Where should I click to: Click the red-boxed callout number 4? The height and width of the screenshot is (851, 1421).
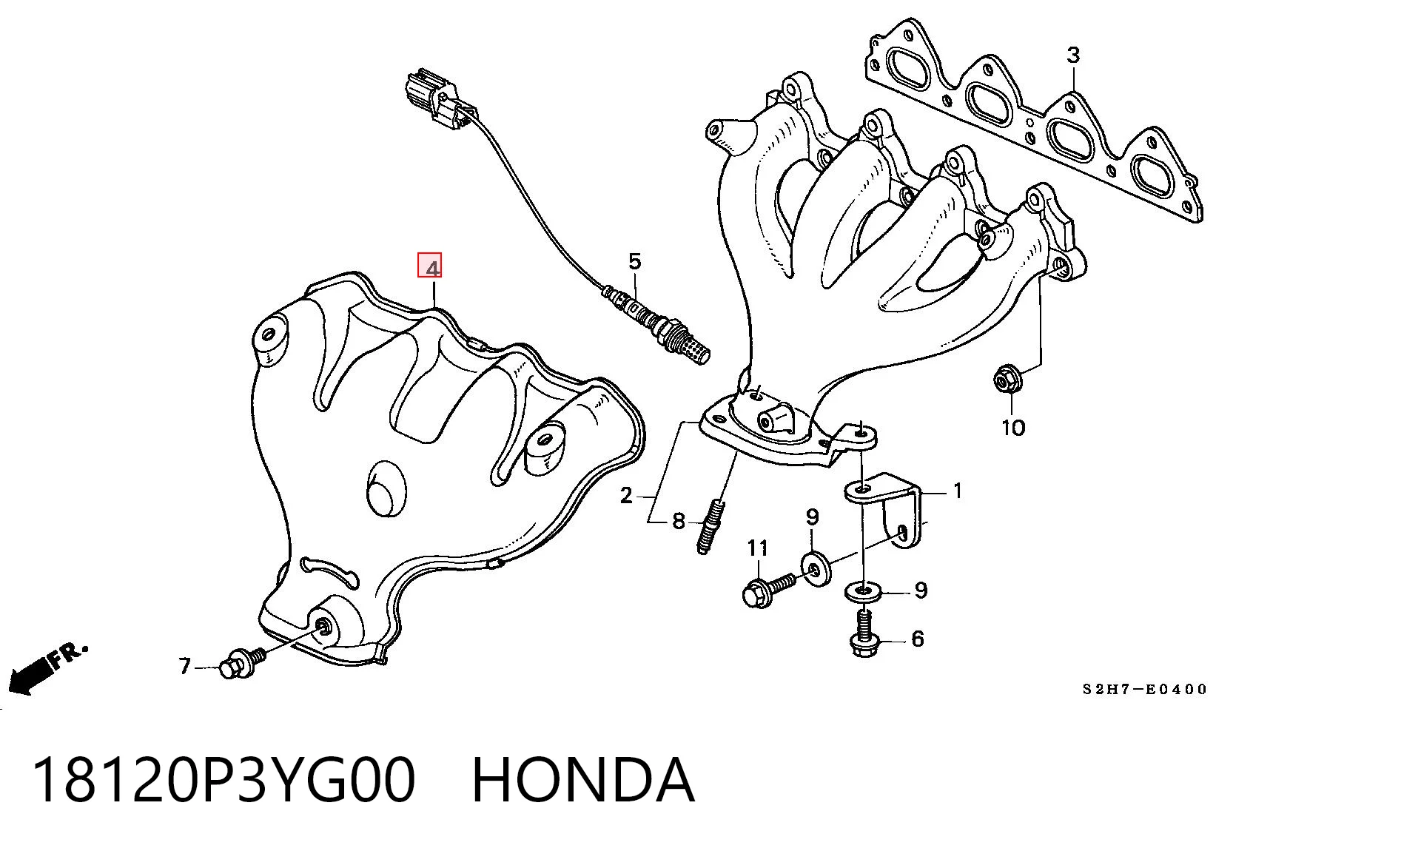(x=430, y=266)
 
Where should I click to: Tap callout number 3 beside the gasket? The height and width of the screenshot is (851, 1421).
(x=1073, y=55)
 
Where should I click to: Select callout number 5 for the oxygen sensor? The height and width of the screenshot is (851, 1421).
(x=635, y=261)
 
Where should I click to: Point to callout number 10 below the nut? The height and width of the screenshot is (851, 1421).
(x=1013, y=427)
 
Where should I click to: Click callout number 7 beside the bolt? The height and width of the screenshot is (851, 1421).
(x=185, y=667)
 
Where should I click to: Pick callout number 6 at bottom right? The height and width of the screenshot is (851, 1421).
(x=918, y=639)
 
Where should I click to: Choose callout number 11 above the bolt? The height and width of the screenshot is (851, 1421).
(x=758, y=548)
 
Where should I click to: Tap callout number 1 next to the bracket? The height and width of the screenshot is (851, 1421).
(x=958, y=491)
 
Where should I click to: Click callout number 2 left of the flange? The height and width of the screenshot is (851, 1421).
(x=626, y=496)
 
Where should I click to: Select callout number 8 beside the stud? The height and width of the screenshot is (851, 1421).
(x=679, y=522)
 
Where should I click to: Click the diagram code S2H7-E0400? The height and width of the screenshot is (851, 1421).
(x=1145, y=690)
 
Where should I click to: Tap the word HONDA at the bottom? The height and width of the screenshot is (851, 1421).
(x=583, y=780)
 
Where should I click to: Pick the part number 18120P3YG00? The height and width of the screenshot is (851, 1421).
(x=224, y=780)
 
